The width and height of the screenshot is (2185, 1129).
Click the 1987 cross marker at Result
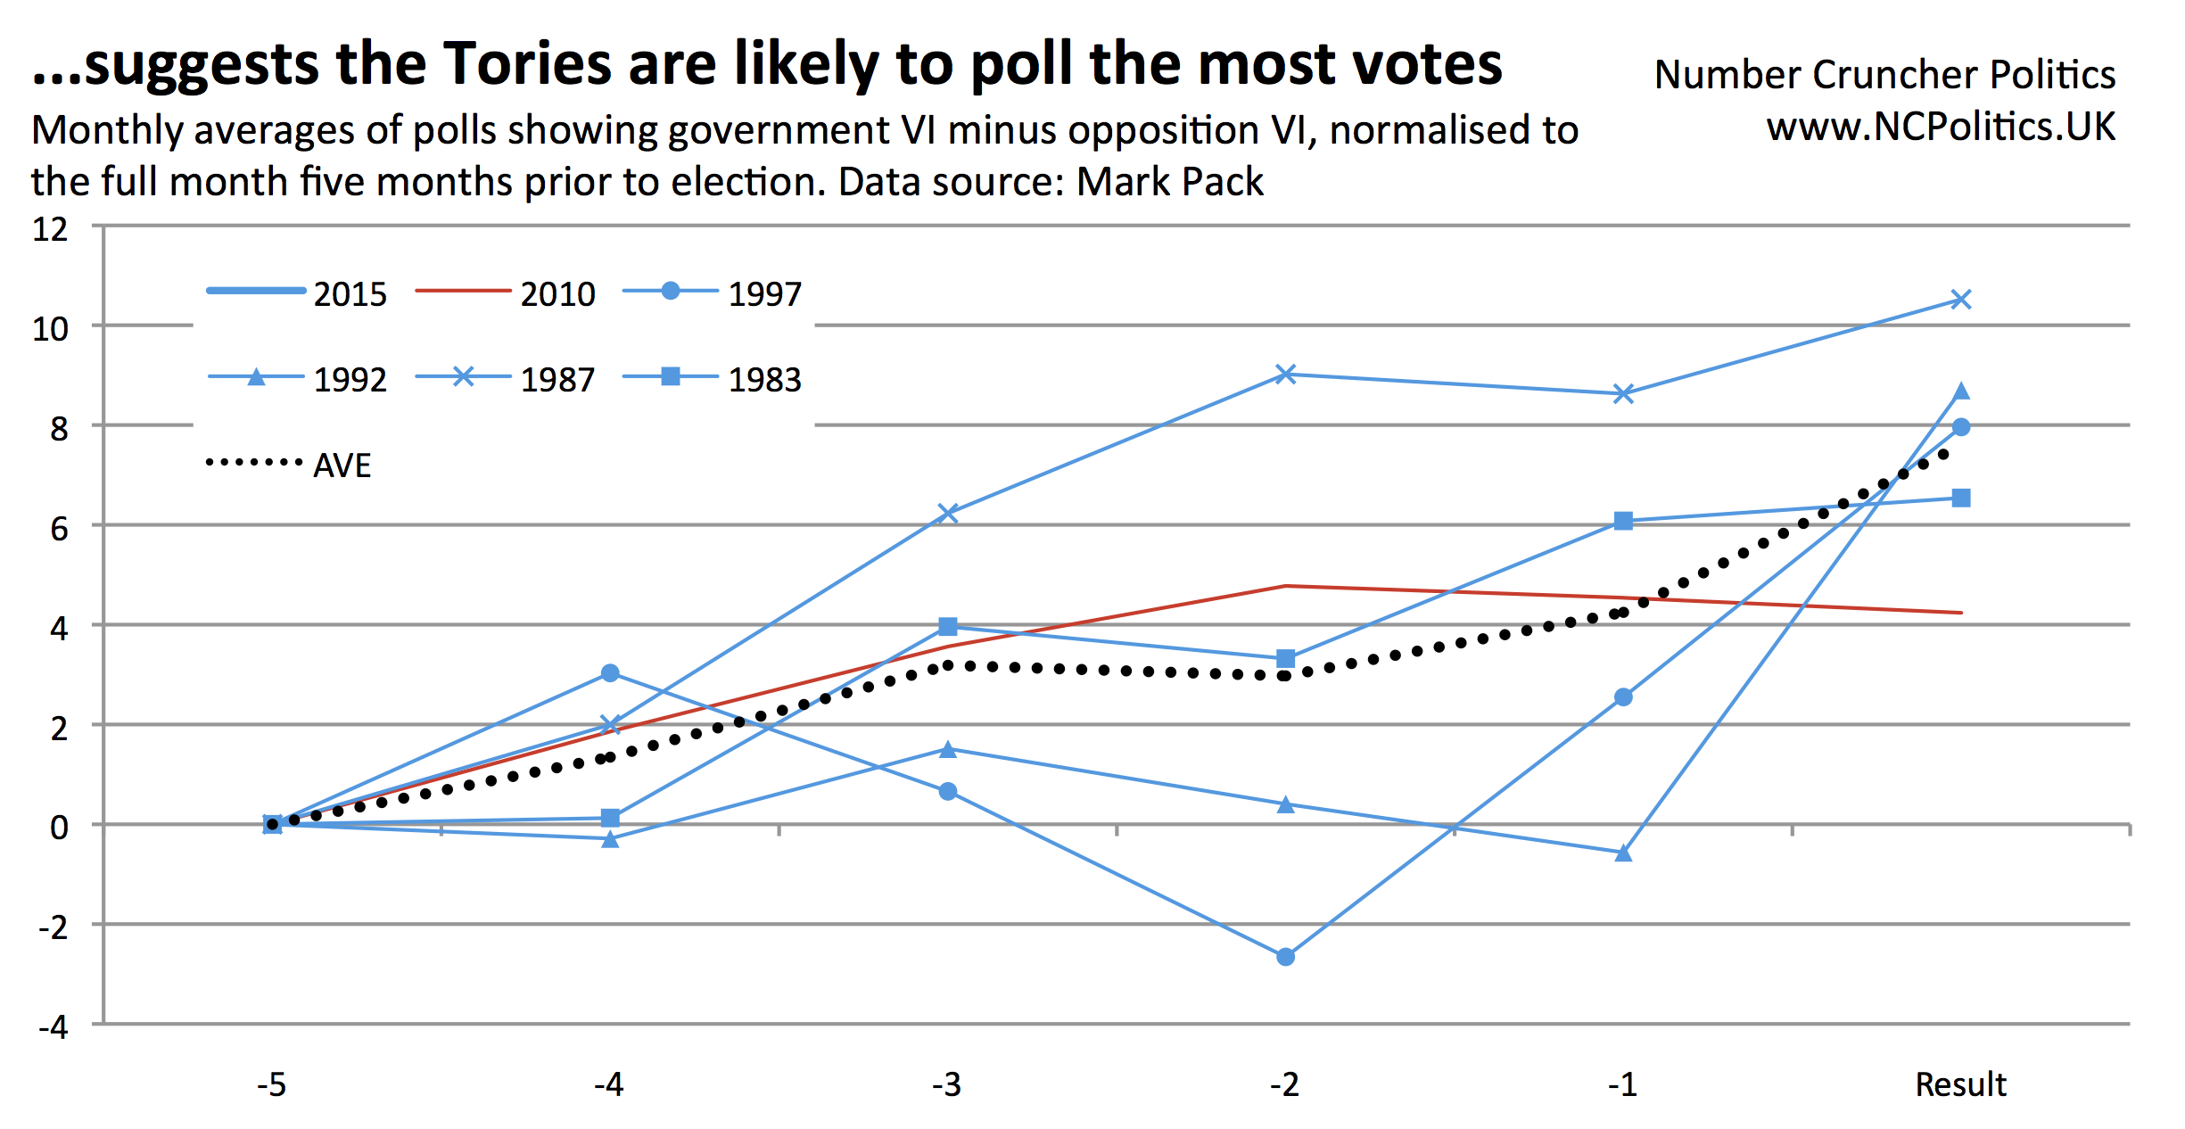pyautogui.click(x=1960, y=300)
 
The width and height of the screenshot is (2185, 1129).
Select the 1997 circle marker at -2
pyautogui.click(x=1285, y=957)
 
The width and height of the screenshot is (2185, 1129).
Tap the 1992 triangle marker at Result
pyautogui.click(x=1960, y=391)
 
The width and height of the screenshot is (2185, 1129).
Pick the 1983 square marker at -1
pyautogui.click(x=1623, y=521)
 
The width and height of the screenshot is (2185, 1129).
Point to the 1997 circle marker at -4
pyautogui.click(x=610, y=673)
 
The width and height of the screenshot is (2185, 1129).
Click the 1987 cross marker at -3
pyautogui.click(x=948, y=513)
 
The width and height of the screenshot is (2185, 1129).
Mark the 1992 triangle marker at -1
pyautogui.click(x=1623, y=853)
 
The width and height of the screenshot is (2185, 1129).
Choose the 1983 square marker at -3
pyautogui.click(x=948, y=627)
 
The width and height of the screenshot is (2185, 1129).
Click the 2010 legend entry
pyautogui.click(x=505, y=293)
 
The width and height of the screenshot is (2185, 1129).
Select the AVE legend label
pyautogui.click(x=342, y=466)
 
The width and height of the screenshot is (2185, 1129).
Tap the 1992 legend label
pyautogui.click(x=350, y=380)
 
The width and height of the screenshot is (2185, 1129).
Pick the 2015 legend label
pyautogui.click(x=350, y=294)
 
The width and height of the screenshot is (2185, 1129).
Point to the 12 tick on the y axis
pyautogui.click(x=51, y=229)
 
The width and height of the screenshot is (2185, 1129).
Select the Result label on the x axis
pyautogui.click(x=1960, y=1084)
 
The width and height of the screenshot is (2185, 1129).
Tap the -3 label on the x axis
pyautogui.click(x=946, y=1084)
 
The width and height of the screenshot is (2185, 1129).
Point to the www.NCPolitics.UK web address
pyautogui.click(x=1941, y=127)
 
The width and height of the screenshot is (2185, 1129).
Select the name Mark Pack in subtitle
pyautogui.click(x=1169, y=182)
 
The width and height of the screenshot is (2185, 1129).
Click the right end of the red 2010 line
pyautogui.click(x=1959, y=613)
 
